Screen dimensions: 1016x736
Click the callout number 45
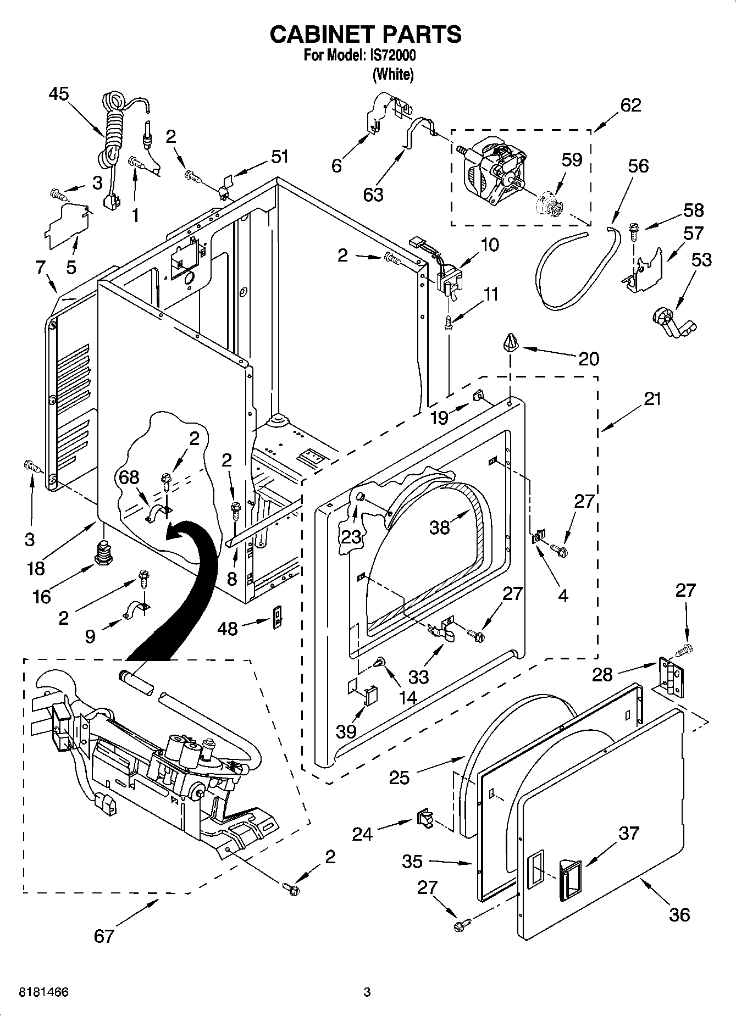tap(58, 94)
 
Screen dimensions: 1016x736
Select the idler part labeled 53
tap(671, 322)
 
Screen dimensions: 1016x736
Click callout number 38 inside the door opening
tap(440, 527)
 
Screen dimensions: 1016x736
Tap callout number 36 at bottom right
tap(679, 914)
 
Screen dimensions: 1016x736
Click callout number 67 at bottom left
tap(103, 935)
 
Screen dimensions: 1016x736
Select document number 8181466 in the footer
tap(43, 992)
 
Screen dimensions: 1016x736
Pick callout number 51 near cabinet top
tap(279, 157)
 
